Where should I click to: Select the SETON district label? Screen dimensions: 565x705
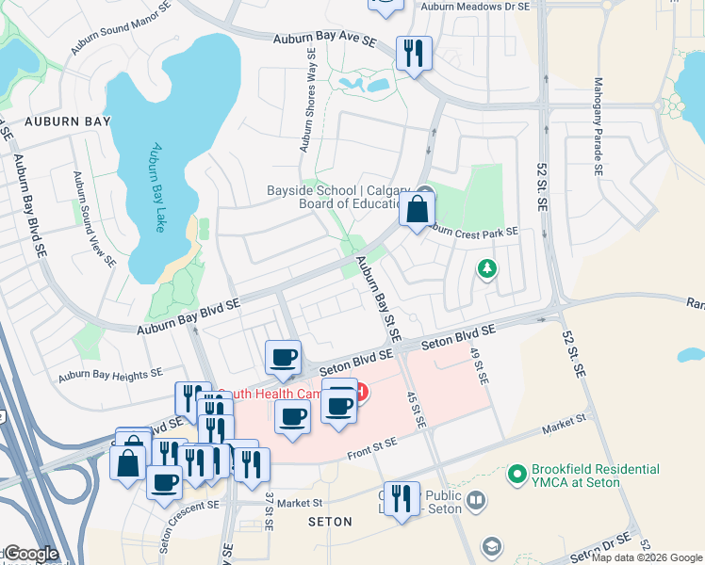(x=329, y=521)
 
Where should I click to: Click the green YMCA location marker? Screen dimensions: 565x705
(x=516, y=475)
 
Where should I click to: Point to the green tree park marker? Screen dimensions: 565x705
(x=487, y=270)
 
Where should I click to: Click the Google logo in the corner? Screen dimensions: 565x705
(x=30, y=554)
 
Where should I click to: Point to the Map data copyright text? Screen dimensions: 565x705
(x=648, y=557)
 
